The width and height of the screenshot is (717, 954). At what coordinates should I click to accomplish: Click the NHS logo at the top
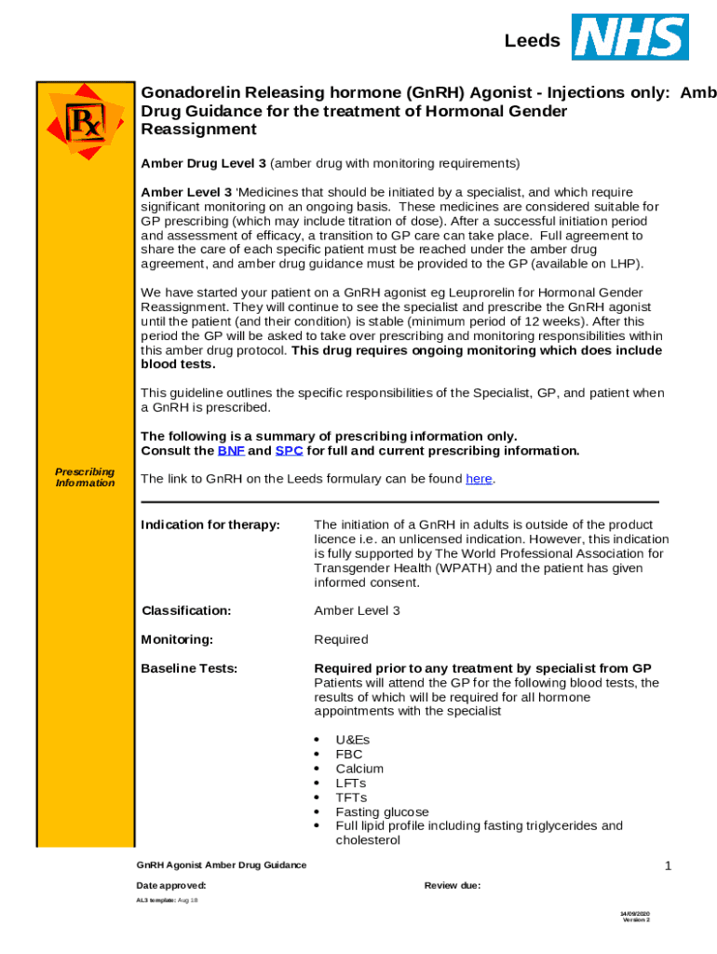click(630, 37)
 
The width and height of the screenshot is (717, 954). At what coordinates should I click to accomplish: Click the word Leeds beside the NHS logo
click(533, 41)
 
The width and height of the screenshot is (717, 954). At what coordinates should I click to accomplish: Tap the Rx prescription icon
click(85, 120)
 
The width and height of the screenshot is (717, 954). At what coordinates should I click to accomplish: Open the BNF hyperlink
click(231, 451)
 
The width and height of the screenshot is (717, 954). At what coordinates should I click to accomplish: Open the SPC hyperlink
click(289, 451)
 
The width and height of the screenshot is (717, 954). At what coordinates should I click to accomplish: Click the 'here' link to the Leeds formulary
click(479, 479)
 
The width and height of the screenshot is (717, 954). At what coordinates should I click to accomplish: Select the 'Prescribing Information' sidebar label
click(85, 477)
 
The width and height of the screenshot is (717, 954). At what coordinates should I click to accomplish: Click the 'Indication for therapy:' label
click(210, 525)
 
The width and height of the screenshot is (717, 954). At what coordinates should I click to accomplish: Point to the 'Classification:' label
click(186, 611)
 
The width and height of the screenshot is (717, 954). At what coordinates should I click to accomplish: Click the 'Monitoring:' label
click(177, 640)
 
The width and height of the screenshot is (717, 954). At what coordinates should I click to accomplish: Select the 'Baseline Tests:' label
click(189, 669)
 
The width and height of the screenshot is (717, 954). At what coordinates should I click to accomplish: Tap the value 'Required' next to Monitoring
click(341, 640)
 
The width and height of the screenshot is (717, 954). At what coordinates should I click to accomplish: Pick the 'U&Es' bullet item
click(353, 741)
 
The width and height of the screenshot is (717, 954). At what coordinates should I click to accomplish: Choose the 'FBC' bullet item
click(349, 755)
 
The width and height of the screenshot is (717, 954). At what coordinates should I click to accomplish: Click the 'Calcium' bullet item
click(359, 769)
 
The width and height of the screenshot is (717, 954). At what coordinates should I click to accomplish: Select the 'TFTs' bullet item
click(351, 797)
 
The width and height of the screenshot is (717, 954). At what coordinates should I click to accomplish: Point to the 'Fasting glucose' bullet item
click(382, 811)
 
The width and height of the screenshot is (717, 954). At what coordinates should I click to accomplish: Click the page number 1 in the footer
click(668, 866)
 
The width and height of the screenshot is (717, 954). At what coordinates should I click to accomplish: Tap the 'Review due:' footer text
click(453, 885)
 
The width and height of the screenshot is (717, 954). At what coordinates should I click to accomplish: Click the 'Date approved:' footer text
click(171, 885)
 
